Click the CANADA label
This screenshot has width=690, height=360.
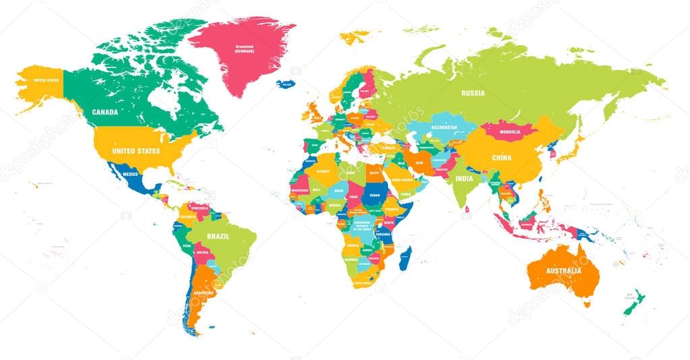pos(105,112)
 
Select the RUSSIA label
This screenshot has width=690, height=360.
pos(473,93)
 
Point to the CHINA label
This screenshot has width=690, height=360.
pos(501,158)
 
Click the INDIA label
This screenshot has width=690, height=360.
pos(464,179)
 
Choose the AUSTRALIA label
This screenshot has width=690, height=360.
pos(563,271)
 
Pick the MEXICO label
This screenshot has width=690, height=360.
pos(130,174)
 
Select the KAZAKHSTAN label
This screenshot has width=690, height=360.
pos(444,127)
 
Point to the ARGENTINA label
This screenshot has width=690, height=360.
pos(203,293)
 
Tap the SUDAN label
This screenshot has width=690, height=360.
pos(374,196)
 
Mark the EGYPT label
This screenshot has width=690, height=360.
pos(374,173)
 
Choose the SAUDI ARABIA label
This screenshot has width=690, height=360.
pos(405,180)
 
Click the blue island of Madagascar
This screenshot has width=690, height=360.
pos(405,258)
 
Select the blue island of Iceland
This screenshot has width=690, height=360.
pos(286,84)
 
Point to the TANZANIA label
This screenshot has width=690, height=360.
pos(383,234)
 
